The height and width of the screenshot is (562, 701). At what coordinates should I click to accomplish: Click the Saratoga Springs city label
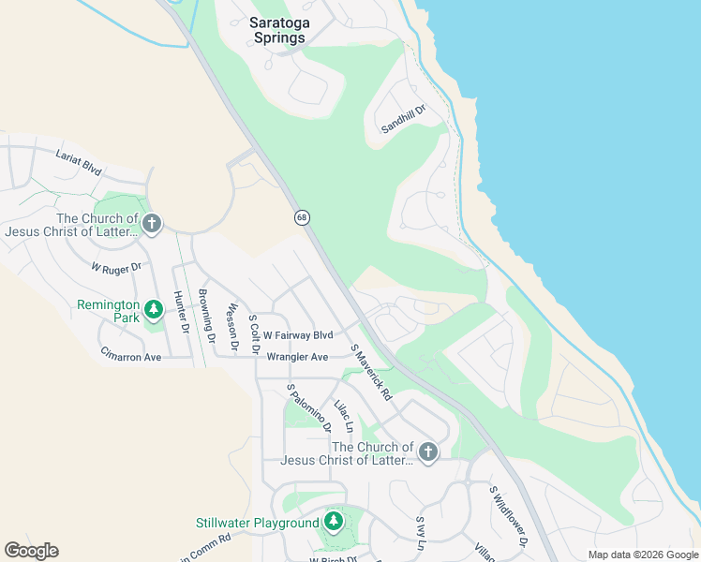coord(278,30)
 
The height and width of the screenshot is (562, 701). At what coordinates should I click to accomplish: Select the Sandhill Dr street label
coord(403,119)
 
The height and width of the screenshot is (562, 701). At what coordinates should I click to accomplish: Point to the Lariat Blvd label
coord(78,162)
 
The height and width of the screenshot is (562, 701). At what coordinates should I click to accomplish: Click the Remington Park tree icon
coord(153,307)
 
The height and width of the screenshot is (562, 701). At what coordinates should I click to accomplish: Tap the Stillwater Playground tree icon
coord(333,521)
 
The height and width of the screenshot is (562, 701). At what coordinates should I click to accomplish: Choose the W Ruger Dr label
coord(115,267)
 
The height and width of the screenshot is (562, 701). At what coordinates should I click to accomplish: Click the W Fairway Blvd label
coord(298,335)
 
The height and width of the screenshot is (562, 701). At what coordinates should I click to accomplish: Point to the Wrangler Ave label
coord(297,357)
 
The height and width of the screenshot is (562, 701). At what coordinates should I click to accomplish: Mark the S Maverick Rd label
coord(370,373)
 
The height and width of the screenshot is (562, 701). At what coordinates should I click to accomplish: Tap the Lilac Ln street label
coord(344,415)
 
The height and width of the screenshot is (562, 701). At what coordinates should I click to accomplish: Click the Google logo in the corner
coord(31,551)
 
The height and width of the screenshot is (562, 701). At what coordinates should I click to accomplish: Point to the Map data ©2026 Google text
coord(642,555)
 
